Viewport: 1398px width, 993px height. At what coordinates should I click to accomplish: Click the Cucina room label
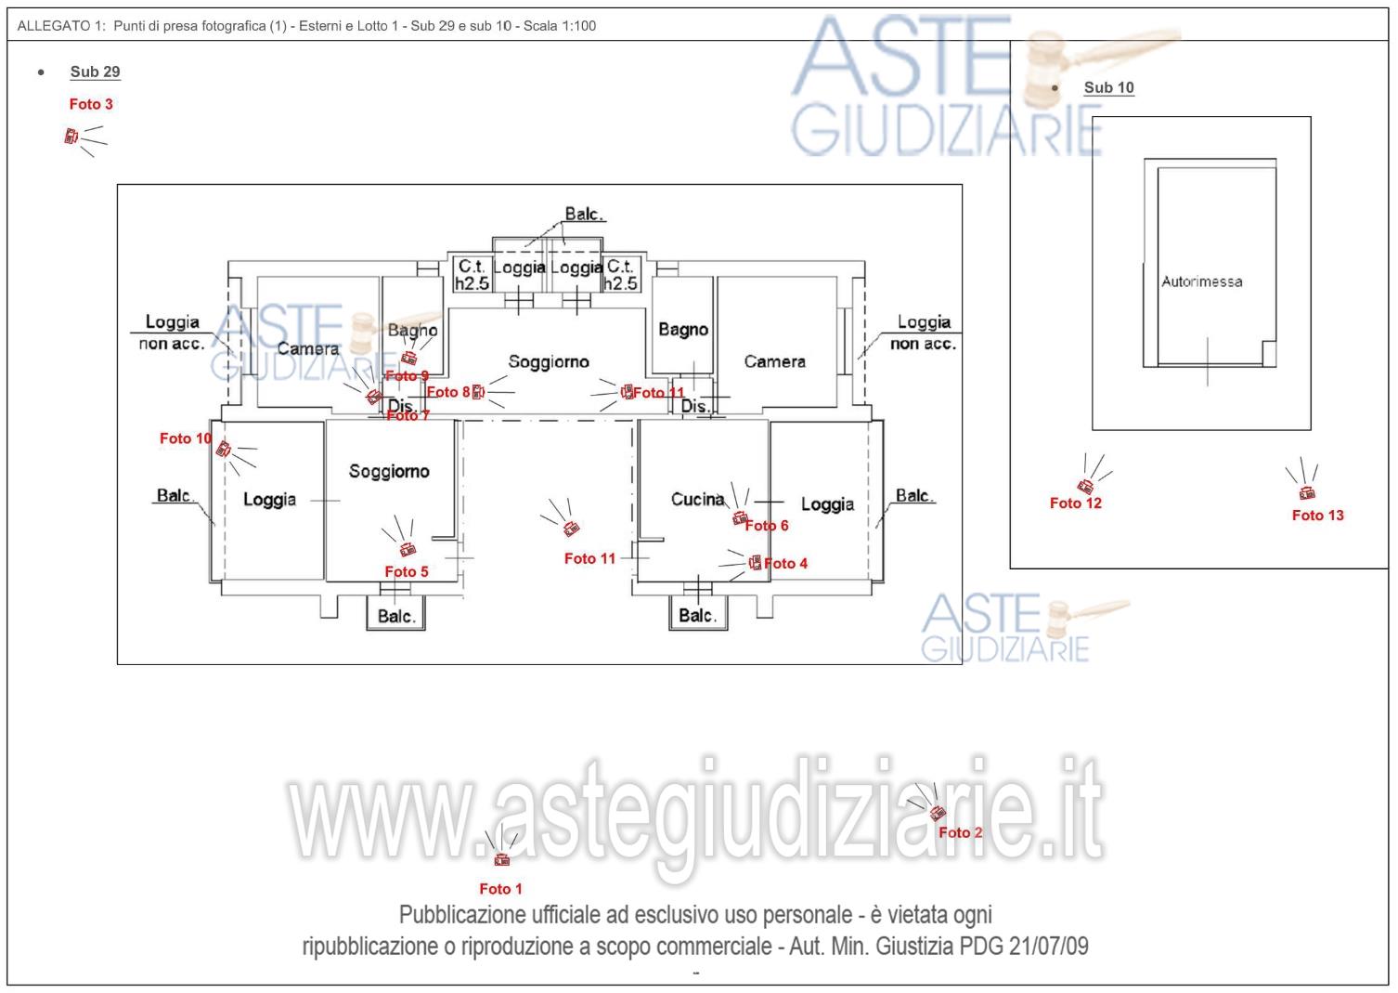click(697, 500)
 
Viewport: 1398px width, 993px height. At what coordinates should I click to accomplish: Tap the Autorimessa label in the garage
click(1201, 281)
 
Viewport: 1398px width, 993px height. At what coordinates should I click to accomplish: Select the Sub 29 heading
click(95, 72)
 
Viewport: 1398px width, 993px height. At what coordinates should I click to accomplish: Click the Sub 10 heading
click(1108, 87)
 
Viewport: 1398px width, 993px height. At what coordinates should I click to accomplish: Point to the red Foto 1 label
click(500, 889)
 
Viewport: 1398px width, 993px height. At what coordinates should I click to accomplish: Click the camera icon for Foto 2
click(937, 813)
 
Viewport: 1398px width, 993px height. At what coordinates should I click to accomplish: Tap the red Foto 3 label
click(91, 104)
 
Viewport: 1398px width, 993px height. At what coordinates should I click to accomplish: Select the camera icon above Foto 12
click(1085, 486)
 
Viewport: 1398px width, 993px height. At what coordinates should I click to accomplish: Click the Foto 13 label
click(1317, 516)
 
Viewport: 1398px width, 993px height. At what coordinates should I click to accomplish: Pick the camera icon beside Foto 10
click(224, 450)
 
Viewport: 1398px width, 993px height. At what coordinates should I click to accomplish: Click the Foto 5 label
click(407, 572)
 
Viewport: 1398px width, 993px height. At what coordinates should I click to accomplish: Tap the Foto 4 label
click(785, 564)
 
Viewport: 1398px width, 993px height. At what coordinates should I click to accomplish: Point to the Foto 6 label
click(767, 526)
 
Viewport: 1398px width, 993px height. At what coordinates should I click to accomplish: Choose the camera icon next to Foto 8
click(478, 392)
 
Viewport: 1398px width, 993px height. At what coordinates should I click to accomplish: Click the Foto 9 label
click(407, 376)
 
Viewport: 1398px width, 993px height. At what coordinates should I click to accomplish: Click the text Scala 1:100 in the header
click(559, 26)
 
